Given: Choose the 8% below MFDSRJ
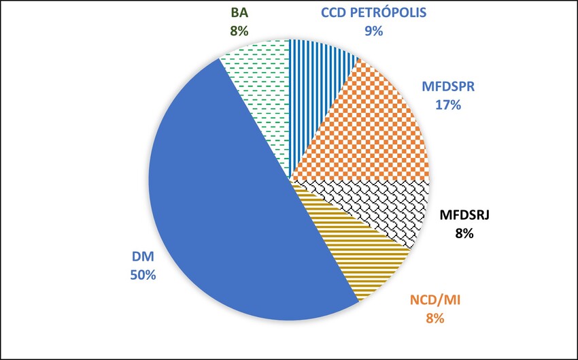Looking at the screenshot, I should (x=465, y=235).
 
